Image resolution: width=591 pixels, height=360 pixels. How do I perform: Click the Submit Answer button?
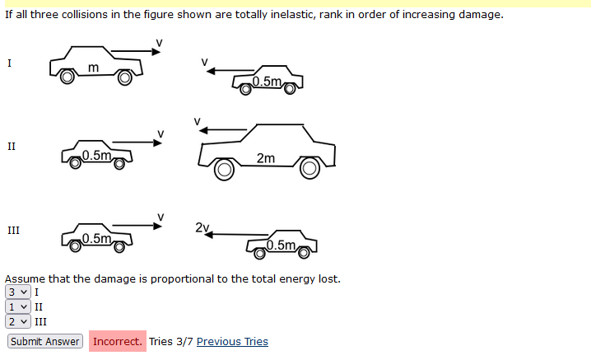[45, 341]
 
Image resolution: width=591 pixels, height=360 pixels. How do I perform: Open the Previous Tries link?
[232, 341]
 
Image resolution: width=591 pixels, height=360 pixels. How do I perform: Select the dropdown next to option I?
[18, 292]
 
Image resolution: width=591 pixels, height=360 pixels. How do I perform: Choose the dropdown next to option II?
[18, 306]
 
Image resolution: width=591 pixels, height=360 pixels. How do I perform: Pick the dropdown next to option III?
[18, 322]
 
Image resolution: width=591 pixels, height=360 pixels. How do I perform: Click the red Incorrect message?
[117, 341]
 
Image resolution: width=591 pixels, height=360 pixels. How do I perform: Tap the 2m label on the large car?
[266, 158]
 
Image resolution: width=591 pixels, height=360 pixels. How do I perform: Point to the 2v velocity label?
[202, 227]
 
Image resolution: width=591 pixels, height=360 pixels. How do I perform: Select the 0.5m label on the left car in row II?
[97, 155]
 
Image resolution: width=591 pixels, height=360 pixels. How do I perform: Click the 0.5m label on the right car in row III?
[282, 245]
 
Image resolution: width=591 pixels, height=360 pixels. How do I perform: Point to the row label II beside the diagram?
[12, 147]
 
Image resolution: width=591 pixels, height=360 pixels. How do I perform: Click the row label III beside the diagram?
[12, 231]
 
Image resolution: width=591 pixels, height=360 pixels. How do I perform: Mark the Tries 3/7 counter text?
[171, 341]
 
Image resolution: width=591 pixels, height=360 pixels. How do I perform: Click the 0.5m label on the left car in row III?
[97, 239]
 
